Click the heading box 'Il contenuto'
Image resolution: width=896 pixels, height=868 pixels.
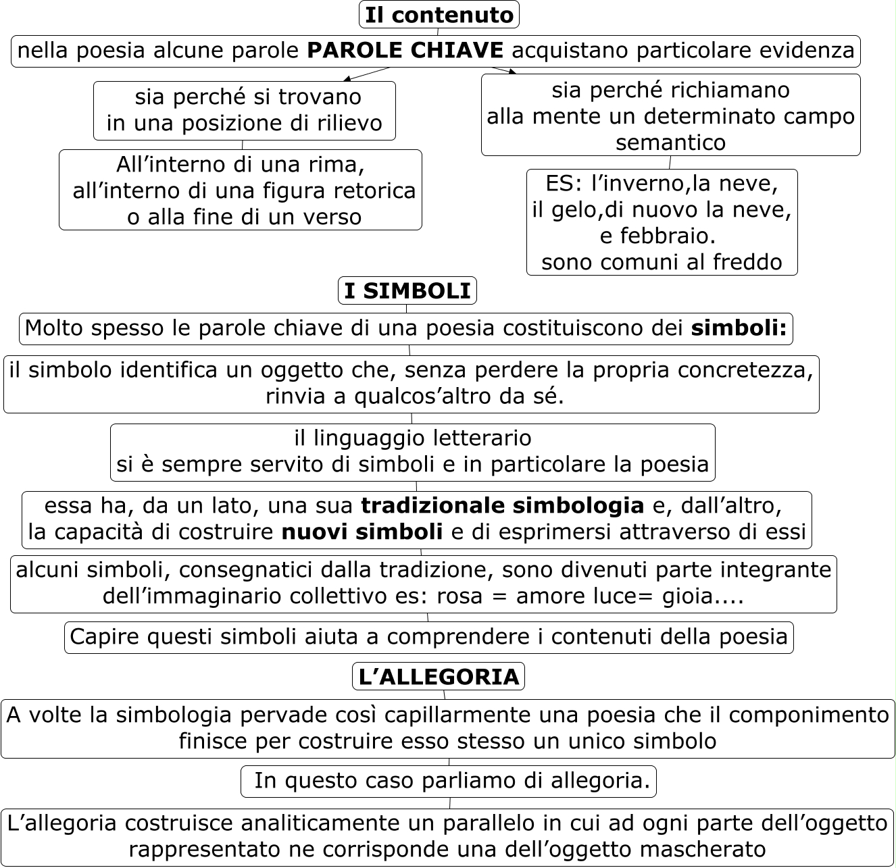click(x=439, y=15)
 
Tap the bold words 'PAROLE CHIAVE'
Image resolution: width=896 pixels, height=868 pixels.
click(x=405, y=51)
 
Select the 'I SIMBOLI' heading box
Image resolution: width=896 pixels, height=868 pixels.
click(x=407, y=291)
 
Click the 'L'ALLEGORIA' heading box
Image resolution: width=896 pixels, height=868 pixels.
click(x=439, y=677)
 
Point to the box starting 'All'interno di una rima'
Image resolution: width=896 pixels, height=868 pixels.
click(x=241, y=190)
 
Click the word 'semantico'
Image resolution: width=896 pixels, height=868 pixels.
click(x=670, y=143)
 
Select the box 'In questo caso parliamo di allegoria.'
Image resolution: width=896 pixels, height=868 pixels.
click(x=449, y=781)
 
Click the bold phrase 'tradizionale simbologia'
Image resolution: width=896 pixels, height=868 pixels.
click(x=502, y=505)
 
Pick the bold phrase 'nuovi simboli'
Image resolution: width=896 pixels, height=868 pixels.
click(x=362, y=532)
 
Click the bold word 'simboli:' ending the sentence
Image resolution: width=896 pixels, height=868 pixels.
click(x=739, y=328)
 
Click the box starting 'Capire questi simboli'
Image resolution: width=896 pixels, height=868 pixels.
click(x=429, y=637)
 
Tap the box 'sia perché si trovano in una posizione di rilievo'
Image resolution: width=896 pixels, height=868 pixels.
click(x=244, y=110)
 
